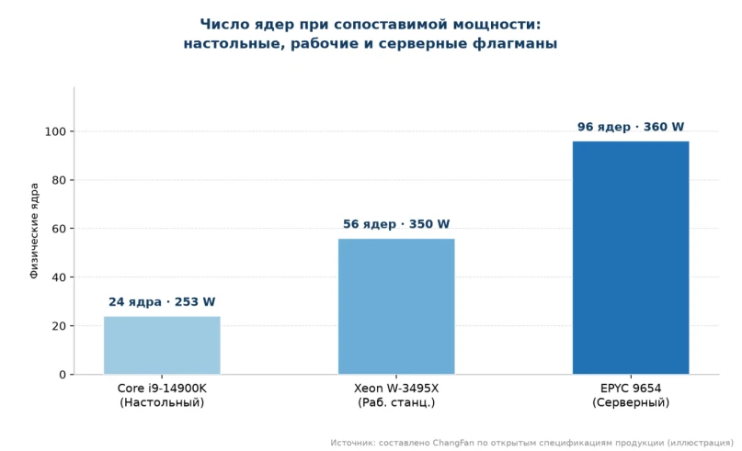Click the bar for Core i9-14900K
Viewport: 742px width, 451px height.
(162, 345)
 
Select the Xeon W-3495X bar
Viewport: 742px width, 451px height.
(396, 307)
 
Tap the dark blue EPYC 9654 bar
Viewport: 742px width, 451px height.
(631, 257)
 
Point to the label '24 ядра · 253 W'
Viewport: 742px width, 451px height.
(162, 301)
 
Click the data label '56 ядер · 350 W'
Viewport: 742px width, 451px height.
(396, 223)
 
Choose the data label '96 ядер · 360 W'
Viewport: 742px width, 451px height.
(631, 127)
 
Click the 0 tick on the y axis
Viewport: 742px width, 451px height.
(63, 375)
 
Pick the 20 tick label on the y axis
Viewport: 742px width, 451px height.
(59, 326)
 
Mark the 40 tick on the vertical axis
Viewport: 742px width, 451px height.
(59, 277)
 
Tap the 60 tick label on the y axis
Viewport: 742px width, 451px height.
(59, 229)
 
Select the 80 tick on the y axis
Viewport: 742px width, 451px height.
(59, 180)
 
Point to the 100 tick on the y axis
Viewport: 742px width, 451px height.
(55, 131)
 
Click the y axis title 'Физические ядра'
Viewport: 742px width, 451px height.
(34, 231)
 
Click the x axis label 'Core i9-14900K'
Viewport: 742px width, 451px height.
(162, 389)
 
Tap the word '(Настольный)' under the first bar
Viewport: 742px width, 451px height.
(162, 402)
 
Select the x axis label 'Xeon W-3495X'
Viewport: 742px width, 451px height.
(396, 389)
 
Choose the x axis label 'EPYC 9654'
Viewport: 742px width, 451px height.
(631, 389)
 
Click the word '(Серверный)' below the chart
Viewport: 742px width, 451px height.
(631, 402)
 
